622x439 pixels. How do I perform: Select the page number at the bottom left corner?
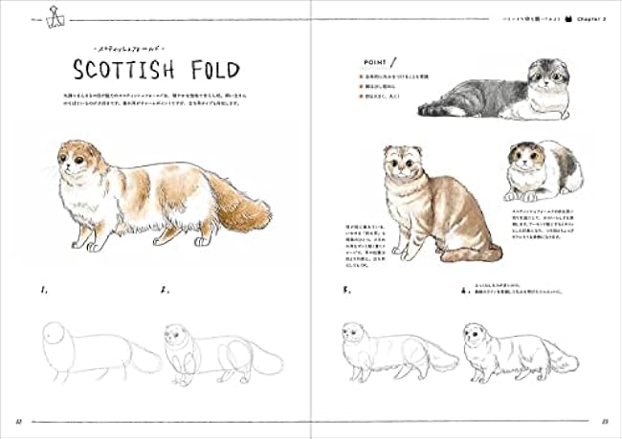(18, 422)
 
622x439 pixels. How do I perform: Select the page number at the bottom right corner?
(605, 422)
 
